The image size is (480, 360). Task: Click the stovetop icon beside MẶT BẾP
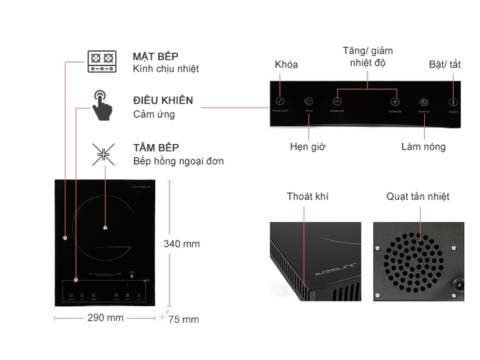tap(103, 61)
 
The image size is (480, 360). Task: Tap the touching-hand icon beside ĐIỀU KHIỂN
tap(103, 105)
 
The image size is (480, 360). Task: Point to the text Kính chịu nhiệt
tap(166, 69)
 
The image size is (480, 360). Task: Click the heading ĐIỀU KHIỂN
tap(163, 101)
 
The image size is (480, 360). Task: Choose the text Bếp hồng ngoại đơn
tap(178, 161)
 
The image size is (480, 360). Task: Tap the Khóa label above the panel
tap(286, 64)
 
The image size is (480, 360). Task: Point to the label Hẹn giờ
tap(308, 147)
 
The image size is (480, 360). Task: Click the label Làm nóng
tap(423, 147)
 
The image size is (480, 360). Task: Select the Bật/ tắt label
tap(445, 64)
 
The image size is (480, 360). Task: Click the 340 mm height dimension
tap(181, 243)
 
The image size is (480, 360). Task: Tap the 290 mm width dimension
tap(106, 318)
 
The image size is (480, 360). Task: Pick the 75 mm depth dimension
tap(183, 319)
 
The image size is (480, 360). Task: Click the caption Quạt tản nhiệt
tap(418, 197)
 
